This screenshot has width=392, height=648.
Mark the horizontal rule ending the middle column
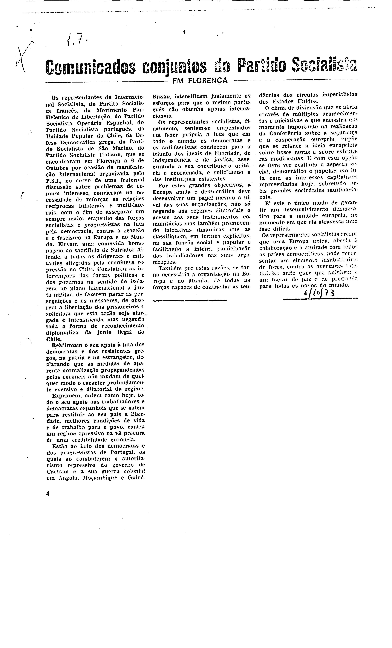click(x=189, y=300)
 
